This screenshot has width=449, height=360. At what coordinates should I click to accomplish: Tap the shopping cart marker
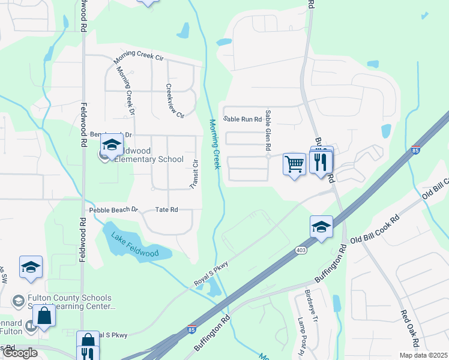click(x=294, y=163)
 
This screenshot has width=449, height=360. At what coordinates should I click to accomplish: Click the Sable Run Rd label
click(x=243, y=119)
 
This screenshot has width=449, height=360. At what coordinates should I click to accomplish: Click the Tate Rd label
click(x=167, y=209)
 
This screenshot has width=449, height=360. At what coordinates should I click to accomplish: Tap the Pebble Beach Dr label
click(x=114, y=210)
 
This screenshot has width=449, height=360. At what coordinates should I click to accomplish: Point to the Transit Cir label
click(x=194, y=175)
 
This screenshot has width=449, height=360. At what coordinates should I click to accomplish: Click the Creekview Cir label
click(x=175, y=100)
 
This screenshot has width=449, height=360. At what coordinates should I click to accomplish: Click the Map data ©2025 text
click(x=423, y=355)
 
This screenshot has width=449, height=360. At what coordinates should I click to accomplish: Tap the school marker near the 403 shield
click(x=321, y=227)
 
